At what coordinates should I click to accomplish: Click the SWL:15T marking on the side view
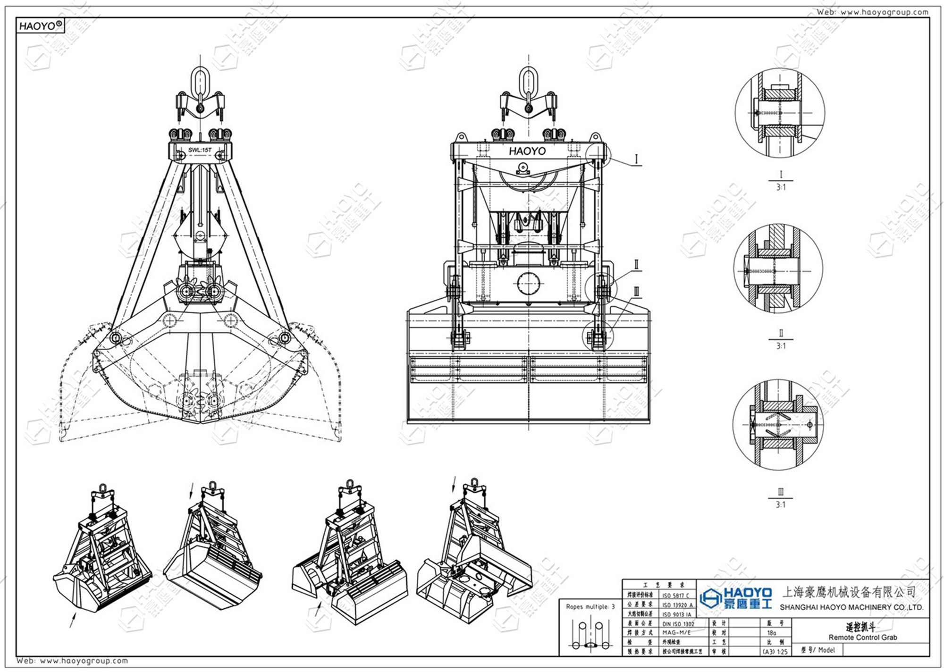coord(200,150)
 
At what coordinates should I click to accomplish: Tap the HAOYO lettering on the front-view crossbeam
coord(527,151)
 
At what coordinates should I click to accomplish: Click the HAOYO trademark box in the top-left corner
coord(40,26)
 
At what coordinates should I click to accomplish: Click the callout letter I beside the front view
coord(636,160)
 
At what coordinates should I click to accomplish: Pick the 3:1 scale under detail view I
coord(781,187)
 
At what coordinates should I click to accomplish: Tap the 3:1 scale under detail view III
coord(781,505)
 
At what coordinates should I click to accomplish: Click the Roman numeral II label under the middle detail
coord(781,333)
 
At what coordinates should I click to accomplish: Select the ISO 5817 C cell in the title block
coord(675,596)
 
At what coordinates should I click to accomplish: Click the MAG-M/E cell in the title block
coord(676,633)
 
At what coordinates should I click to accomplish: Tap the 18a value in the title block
coord(771,633)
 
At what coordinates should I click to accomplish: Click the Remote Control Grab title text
coord(862,638)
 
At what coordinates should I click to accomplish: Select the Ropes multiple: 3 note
coord(590,607)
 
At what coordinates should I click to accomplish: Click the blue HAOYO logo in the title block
coord(736,598)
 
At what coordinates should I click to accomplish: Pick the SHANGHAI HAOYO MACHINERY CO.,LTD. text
coord(851,607)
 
